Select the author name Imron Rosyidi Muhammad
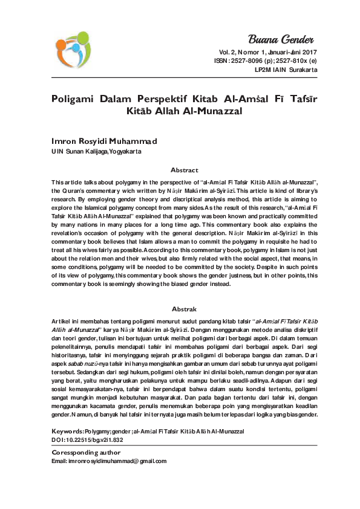104,141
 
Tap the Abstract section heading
184,170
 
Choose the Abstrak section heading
184,308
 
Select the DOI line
87,439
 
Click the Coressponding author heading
87,452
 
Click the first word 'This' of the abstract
57,181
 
